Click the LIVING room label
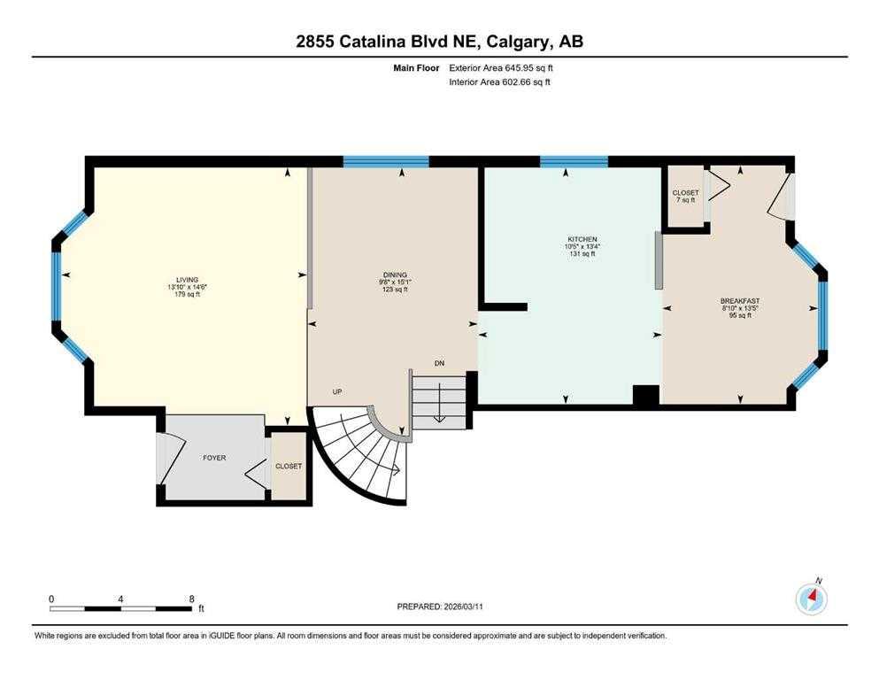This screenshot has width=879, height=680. click(188, 280)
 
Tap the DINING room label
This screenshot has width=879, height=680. click(395, 274)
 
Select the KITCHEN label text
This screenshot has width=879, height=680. click(582, 239)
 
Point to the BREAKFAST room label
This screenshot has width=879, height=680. click(740, 301)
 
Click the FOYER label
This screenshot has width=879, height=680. click(214, 458)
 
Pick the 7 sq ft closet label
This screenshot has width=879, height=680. click(686, 197)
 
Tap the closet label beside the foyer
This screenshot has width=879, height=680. click(289, 467)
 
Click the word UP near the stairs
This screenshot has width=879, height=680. click(337, 392)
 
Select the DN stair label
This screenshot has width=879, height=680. click(439, 363)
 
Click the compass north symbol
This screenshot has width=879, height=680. click(812, 599)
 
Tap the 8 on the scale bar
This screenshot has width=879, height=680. click(192, 599)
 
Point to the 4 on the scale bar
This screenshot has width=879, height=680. click(120, 599)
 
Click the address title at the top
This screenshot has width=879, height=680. click(439, 42)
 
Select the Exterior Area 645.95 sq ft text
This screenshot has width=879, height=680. click(501, 68)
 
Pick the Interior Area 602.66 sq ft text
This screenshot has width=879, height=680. click(499, 81)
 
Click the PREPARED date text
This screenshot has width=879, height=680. click(439, 607)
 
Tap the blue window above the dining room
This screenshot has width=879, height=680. click(386, 162)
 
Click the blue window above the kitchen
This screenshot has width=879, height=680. click(574, 162)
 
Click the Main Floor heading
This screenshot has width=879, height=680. click(416, 68)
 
